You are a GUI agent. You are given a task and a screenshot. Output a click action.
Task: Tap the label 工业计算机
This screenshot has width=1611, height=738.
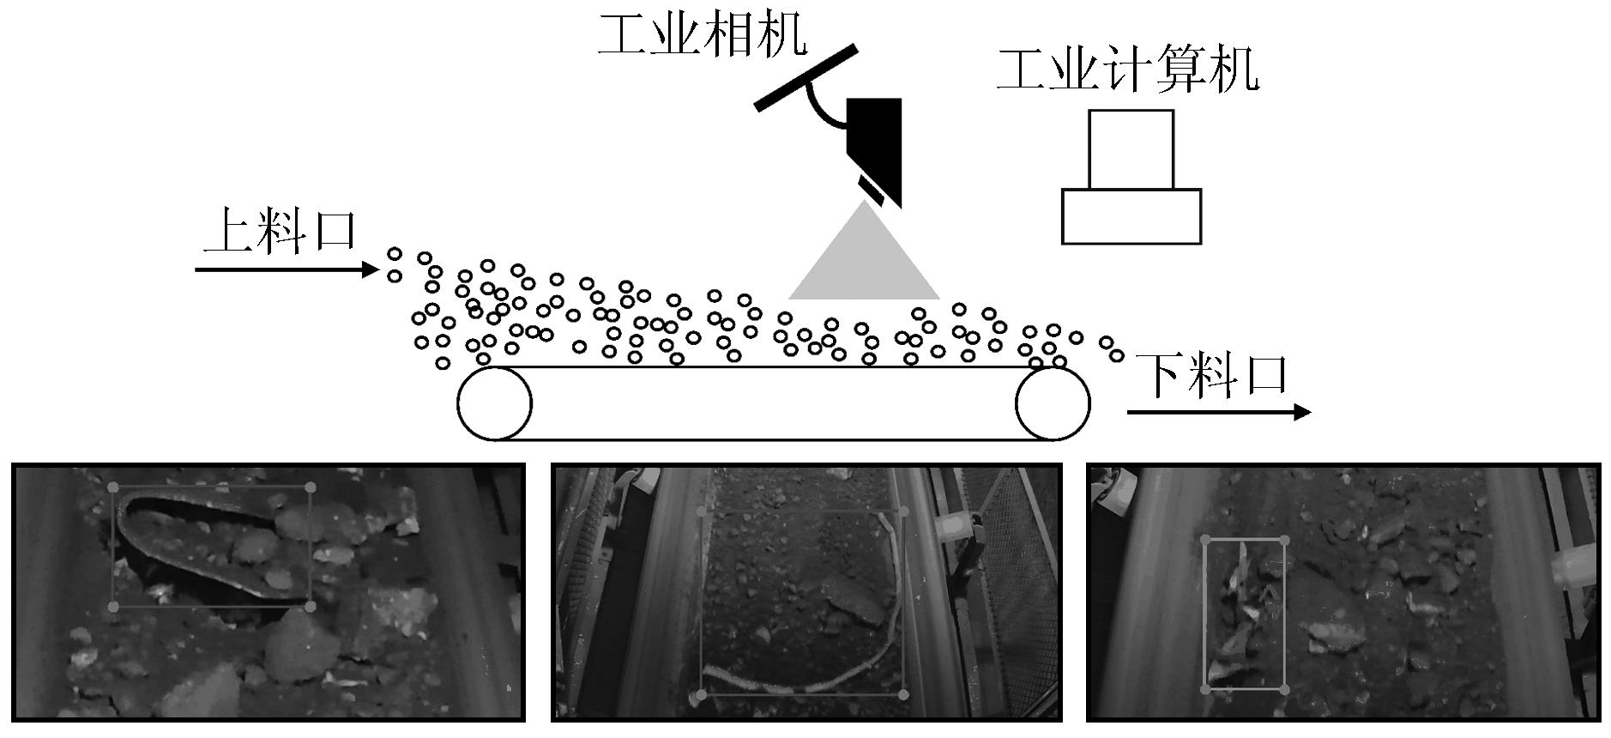coord(1128,70)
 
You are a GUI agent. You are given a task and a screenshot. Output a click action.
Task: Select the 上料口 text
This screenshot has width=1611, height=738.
coord(280,231)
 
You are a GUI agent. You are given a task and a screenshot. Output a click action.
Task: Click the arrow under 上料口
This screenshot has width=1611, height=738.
coord(287,270)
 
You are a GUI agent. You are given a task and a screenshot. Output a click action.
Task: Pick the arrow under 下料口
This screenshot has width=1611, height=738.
coord(1219,413)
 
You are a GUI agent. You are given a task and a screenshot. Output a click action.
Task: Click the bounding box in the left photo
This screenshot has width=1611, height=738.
coord(112,547)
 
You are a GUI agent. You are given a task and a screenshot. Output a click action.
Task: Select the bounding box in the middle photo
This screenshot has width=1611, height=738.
coord(702,602)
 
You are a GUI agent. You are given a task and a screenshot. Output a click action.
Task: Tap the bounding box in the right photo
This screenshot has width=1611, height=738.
coord(1204,614)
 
